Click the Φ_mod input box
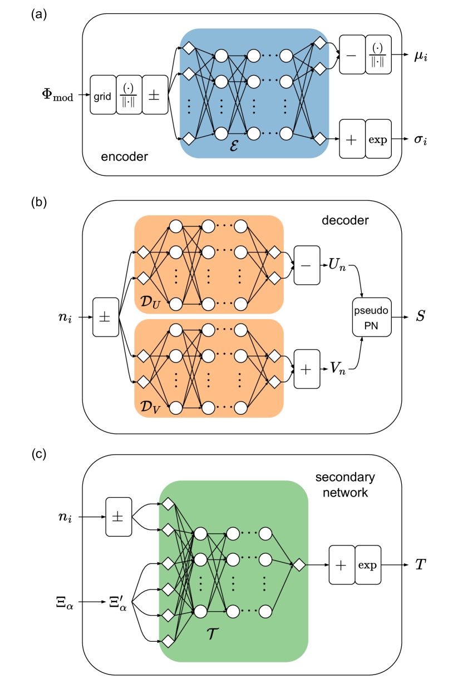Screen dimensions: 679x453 point(58,95)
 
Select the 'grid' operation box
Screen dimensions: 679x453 point(102,96)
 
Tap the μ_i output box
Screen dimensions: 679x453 point(420,56)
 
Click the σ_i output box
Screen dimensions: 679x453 point(420,140)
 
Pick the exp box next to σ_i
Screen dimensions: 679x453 point(378,140)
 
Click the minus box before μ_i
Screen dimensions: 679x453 point(351,56)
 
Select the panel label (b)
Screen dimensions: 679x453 point(40,202)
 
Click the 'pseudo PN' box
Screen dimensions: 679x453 point(372,317)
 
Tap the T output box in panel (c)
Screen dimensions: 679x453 point(420,565)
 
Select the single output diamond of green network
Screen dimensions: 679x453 point(299,565)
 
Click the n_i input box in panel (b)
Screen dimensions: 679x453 point(66,318)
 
